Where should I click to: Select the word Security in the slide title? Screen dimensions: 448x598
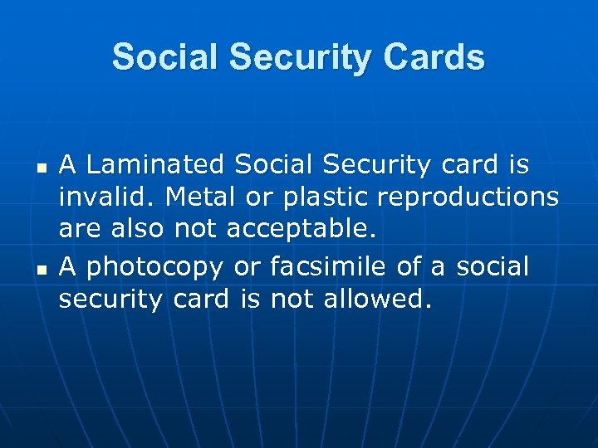(x=287, y=58)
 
